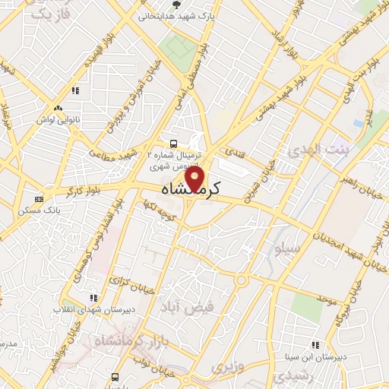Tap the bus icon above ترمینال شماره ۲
click(174, 143)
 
